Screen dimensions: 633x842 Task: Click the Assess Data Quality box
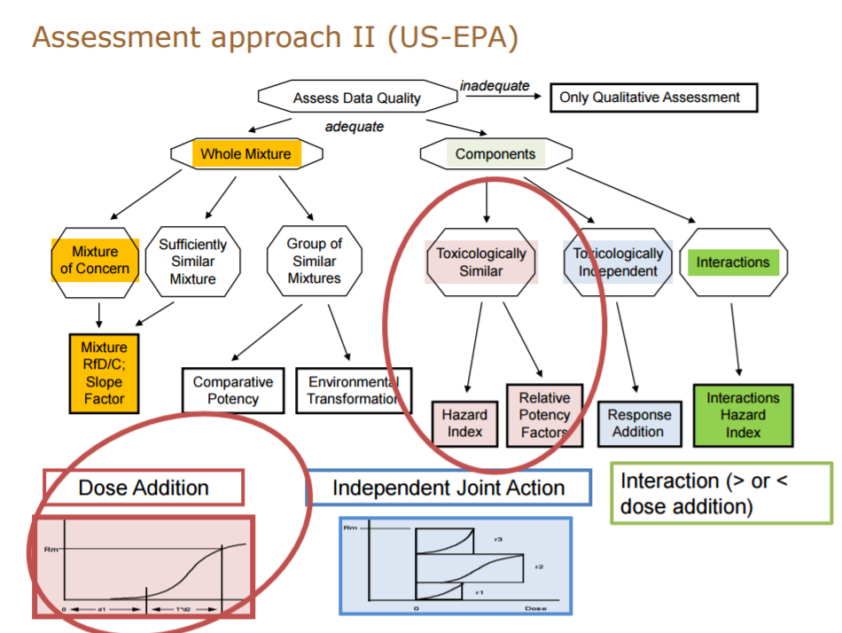coord(356,98)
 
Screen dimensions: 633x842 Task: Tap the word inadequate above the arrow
coord(495,85)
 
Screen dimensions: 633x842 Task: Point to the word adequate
coord(355,127)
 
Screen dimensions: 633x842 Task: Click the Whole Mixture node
coord(246,153)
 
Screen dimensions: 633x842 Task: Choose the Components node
coord(495,153)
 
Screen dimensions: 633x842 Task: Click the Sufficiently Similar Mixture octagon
coord(193,262)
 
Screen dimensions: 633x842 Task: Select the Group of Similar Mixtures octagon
coord(314,262)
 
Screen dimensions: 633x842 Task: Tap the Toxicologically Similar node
coord(481,262)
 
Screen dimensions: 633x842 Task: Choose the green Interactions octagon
coord(732,262)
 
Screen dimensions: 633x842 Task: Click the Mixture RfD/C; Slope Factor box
coord(104,373)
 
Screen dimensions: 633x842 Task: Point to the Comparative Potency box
coord(233,390)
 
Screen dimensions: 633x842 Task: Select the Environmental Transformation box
coord(353,390)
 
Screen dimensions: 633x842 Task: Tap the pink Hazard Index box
coord(464,424)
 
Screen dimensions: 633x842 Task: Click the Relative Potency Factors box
coord(544,415)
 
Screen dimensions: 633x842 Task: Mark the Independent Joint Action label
coord(448,488)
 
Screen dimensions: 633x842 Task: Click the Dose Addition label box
coord(144,488)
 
